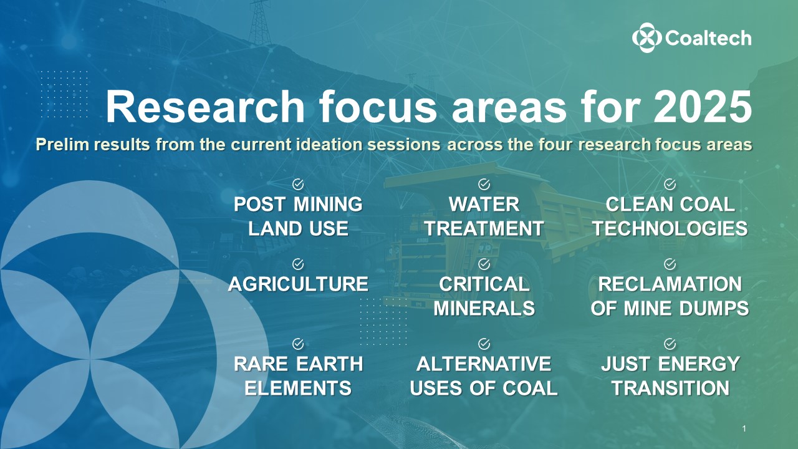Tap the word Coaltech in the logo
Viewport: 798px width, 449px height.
click(708, 39)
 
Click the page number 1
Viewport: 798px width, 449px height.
click(744, 428)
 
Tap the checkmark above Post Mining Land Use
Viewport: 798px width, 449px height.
click(298, 184)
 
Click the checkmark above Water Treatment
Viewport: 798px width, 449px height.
click(484, 184)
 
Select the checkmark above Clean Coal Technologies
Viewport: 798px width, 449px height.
click(670, 184)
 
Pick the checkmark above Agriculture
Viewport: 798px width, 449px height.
click(298, 264)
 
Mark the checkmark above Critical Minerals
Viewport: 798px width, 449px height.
click(484, 264)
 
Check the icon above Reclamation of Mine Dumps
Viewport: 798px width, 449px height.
click(670, 264)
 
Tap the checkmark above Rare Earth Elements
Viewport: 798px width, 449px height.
click(298, 344)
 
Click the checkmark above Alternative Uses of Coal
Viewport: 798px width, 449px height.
click(484, 344)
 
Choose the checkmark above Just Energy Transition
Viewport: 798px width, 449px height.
click(670, 344)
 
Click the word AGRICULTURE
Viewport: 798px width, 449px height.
click(298, 284)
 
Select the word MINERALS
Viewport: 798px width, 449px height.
click(484, 308)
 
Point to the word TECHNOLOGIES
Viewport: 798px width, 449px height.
click(670, 228)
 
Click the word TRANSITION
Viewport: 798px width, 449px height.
click(670, 388)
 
